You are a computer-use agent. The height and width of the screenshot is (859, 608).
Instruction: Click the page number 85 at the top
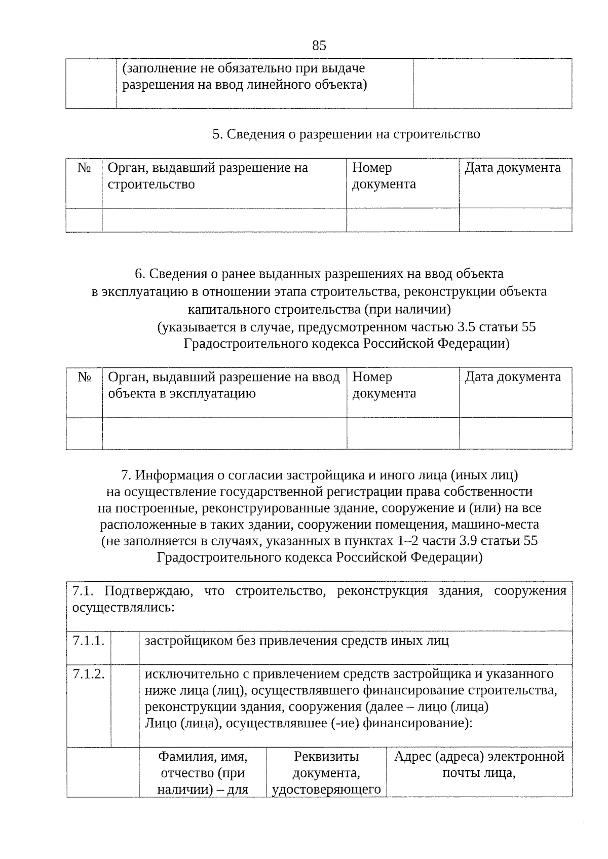point(319,46)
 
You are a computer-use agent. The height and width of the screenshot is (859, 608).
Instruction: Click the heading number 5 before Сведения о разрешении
point(217,134)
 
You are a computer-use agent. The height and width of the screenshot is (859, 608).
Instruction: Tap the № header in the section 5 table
point(84,168)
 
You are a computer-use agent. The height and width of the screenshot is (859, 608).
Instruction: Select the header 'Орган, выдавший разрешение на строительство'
point(208,176)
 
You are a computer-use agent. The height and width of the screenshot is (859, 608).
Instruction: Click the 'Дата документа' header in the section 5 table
point(513,168)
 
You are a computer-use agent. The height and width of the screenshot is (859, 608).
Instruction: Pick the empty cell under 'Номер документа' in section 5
point(402,220)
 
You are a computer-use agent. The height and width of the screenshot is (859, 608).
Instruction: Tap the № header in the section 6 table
point(84,377)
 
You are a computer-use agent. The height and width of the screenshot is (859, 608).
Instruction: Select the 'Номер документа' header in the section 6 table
point(384,385)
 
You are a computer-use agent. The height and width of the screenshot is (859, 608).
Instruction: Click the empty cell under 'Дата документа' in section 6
point(515,433)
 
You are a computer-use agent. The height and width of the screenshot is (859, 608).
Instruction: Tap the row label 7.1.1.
point(89,641)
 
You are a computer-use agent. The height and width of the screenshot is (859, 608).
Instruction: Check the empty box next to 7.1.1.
point(125,647)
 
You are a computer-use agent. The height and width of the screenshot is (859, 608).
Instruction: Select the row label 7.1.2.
point(89,674)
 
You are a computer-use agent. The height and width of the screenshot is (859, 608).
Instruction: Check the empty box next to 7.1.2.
point(125,705)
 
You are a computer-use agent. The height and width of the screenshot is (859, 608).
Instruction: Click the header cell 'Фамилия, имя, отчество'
point(203,772)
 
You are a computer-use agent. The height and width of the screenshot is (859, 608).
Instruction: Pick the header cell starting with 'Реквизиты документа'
point(326,772)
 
